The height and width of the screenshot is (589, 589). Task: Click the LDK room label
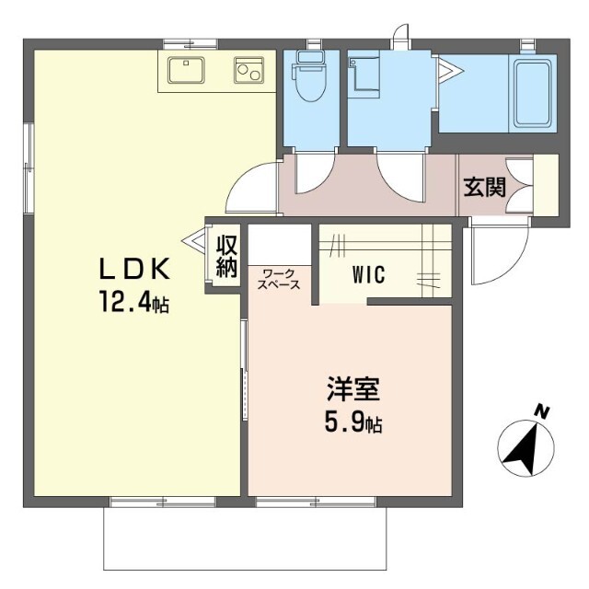(x=135, y=269)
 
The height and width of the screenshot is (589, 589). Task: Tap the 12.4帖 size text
(x=135, y=303)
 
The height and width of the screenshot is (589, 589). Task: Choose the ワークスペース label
(x=280, y=280)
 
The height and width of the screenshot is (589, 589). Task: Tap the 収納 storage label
(x=227, y=256)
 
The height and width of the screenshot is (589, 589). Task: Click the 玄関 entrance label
(x=483, y=187)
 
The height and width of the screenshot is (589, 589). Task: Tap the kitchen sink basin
(x=191, y=70)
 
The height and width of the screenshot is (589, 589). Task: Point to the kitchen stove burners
(x=249, y=70)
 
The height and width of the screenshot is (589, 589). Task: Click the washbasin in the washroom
(x=361, y=74)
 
